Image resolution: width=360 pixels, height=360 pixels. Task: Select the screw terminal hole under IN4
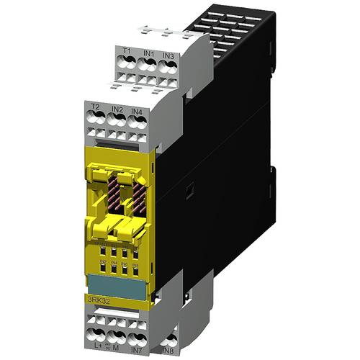coord(138,124)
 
